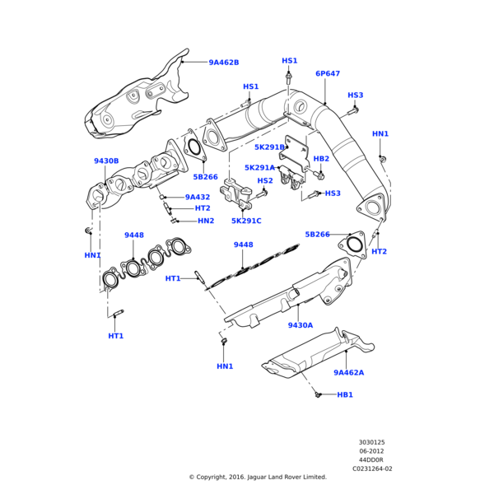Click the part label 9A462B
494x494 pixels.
pyautogui.click(x=223, y=63)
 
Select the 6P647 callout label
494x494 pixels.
pyautogui.click(x=327, y=74)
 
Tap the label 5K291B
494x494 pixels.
pyautogui.click(x=269, y=147)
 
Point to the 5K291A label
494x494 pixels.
pyautogui.click(x=259, y=168)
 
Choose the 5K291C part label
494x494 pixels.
pyautogui.click(x=246, y=221)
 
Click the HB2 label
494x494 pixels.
pyautogui.click(x=321, y=159)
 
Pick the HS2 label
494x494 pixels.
pyautogui.click(x=265, y=180)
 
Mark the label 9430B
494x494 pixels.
pyautogui.click(x=106, y=161)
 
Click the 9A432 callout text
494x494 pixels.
pyautogui.click(x=198, y=198)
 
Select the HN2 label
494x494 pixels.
pyautogui.click(x=206, y=221)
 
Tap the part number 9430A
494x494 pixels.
pyautogui.click(x=301, y=325)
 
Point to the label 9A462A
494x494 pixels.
pyautogui.click(x=348, y=373)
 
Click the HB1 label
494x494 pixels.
pyautogui.click(x=345, y=395)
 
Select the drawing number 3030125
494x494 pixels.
pyautogui.click(x=371, y=442)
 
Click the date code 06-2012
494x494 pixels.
pyautogui.click(x=371, y=451)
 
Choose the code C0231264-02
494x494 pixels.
pyautogui.click(x=372, y=469)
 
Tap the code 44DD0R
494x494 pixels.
pyautogui.click(x=371, y=460)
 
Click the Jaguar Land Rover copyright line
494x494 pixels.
pyautogui.click(x=258, y=478)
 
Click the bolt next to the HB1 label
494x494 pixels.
pyautogui.click(x=318, y=395)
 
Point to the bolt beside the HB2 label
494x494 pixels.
pyautogui.click(x=320, y=175)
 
